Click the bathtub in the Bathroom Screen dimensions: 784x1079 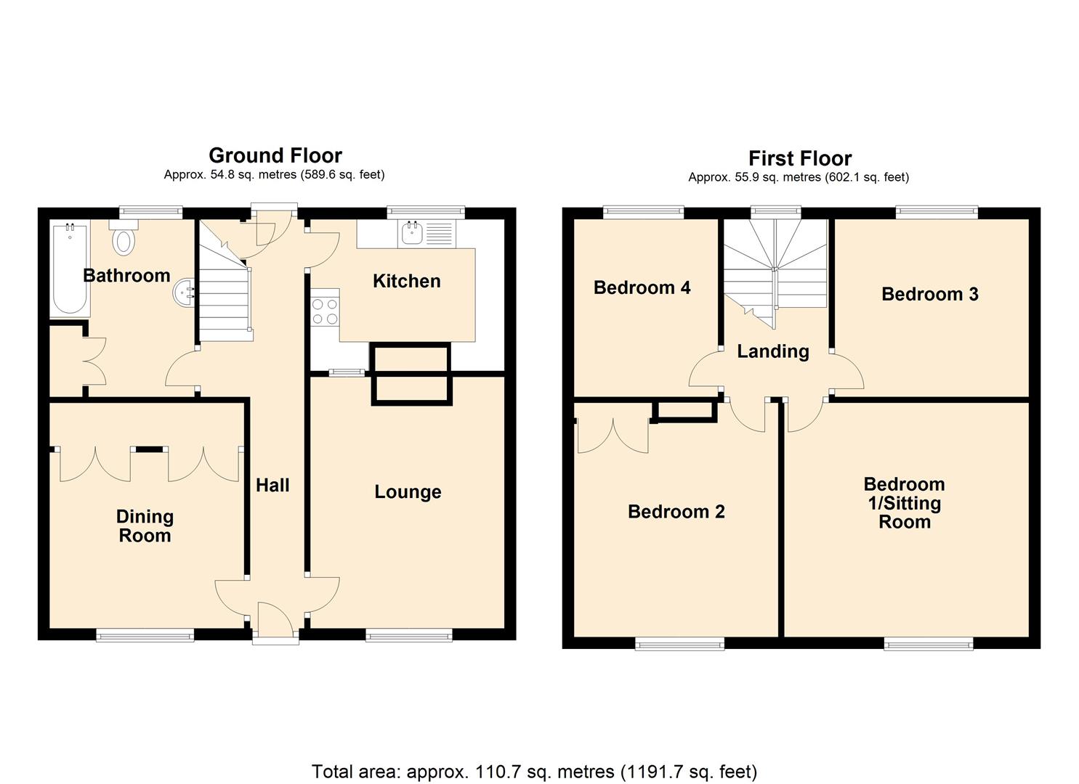(70, 269)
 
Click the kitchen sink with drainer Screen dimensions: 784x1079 (426, 233)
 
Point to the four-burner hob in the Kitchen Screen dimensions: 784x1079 (325, 311)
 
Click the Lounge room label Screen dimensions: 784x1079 (408, 492)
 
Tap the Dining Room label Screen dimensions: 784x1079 (145, 526)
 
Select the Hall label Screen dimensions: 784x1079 (272, 486)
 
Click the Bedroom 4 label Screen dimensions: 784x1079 (642, 288)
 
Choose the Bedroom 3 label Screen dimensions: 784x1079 (929, 294)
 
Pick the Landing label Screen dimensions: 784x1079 (772, 351)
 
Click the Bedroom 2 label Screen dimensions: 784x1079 (676, 512)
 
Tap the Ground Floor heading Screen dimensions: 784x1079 (275, 155)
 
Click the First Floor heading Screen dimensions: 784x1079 (799, 158)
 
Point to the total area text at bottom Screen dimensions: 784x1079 (534, 771)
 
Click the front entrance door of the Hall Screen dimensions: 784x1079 (275, 624)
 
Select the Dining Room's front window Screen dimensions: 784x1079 (145, 635)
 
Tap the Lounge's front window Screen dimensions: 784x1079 (409, 635)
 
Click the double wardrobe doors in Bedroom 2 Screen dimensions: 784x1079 (613, 436)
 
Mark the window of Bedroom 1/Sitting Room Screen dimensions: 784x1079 (928, 643)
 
